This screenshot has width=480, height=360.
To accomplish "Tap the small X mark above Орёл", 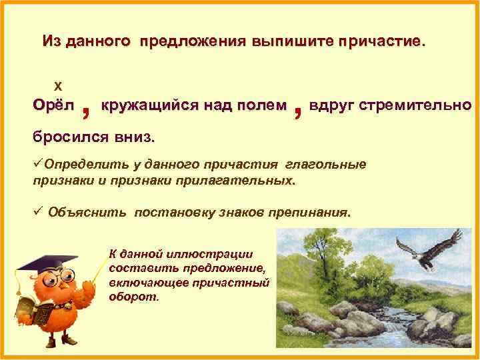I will (x=57, y=86).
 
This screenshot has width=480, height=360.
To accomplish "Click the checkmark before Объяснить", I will (x=38, y=212).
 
